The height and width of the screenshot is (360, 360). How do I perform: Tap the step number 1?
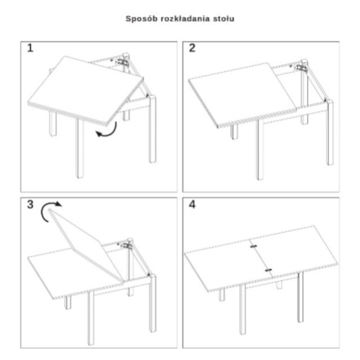point(31,48)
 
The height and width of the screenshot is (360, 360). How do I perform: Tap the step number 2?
point(192,48)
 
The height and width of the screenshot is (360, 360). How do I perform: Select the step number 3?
point(31,205)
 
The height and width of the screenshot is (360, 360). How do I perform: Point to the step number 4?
point(192,205)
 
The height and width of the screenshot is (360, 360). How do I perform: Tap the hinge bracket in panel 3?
point(126,245)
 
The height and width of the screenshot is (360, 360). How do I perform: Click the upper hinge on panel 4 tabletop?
point(254,247)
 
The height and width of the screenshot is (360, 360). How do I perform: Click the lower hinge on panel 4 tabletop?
point(268,270)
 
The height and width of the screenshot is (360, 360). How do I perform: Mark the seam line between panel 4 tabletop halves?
point(261,258)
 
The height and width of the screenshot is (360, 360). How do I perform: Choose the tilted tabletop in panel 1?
point(86,90)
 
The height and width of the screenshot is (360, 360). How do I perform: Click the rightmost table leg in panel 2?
point(330,133)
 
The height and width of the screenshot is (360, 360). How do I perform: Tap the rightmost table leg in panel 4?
point(300,296)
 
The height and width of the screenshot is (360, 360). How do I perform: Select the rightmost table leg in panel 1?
point(152,129)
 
